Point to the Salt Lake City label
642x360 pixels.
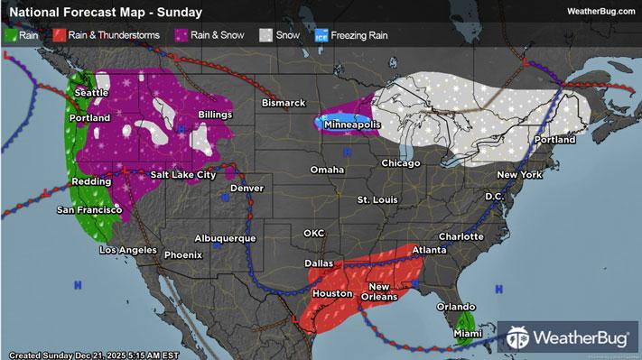coord(182,174)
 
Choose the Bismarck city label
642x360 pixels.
coord(284,103)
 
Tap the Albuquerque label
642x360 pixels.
coord(226,238)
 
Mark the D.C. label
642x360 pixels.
coord(494,195)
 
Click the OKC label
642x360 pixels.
coord(313,233)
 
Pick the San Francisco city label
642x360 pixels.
coord(89,209)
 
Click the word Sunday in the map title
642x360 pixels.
coord(178,13)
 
